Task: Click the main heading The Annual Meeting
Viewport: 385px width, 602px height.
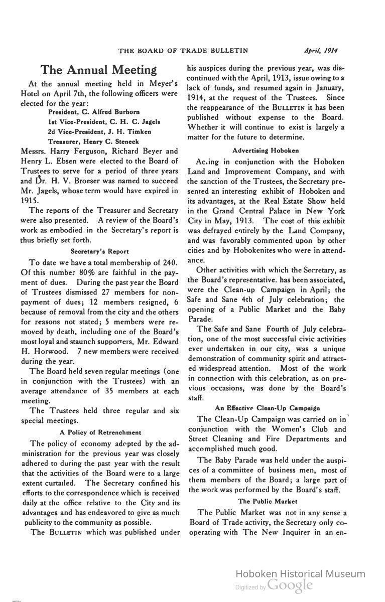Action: coord(98,69)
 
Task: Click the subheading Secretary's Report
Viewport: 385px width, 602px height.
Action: coord(100,251)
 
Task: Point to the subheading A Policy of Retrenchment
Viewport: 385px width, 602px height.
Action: coord(100,432)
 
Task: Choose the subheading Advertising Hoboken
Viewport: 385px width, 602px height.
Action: coord(266,150)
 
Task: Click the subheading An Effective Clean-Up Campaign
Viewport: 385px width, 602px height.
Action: coord(267,408)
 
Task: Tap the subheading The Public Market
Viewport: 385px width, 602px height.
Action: coord(268,501)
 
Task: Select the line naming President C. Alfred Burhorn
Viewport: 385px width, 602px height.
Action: coord(94,111)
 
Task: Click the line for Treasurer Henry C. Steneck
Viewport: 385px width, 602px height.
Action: coord(93,141)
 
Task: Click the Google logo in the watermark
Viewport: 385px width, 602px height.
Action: coord(290,584)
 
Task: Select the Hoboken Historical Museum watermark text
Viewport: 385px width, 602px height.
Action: coord(300,574)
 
